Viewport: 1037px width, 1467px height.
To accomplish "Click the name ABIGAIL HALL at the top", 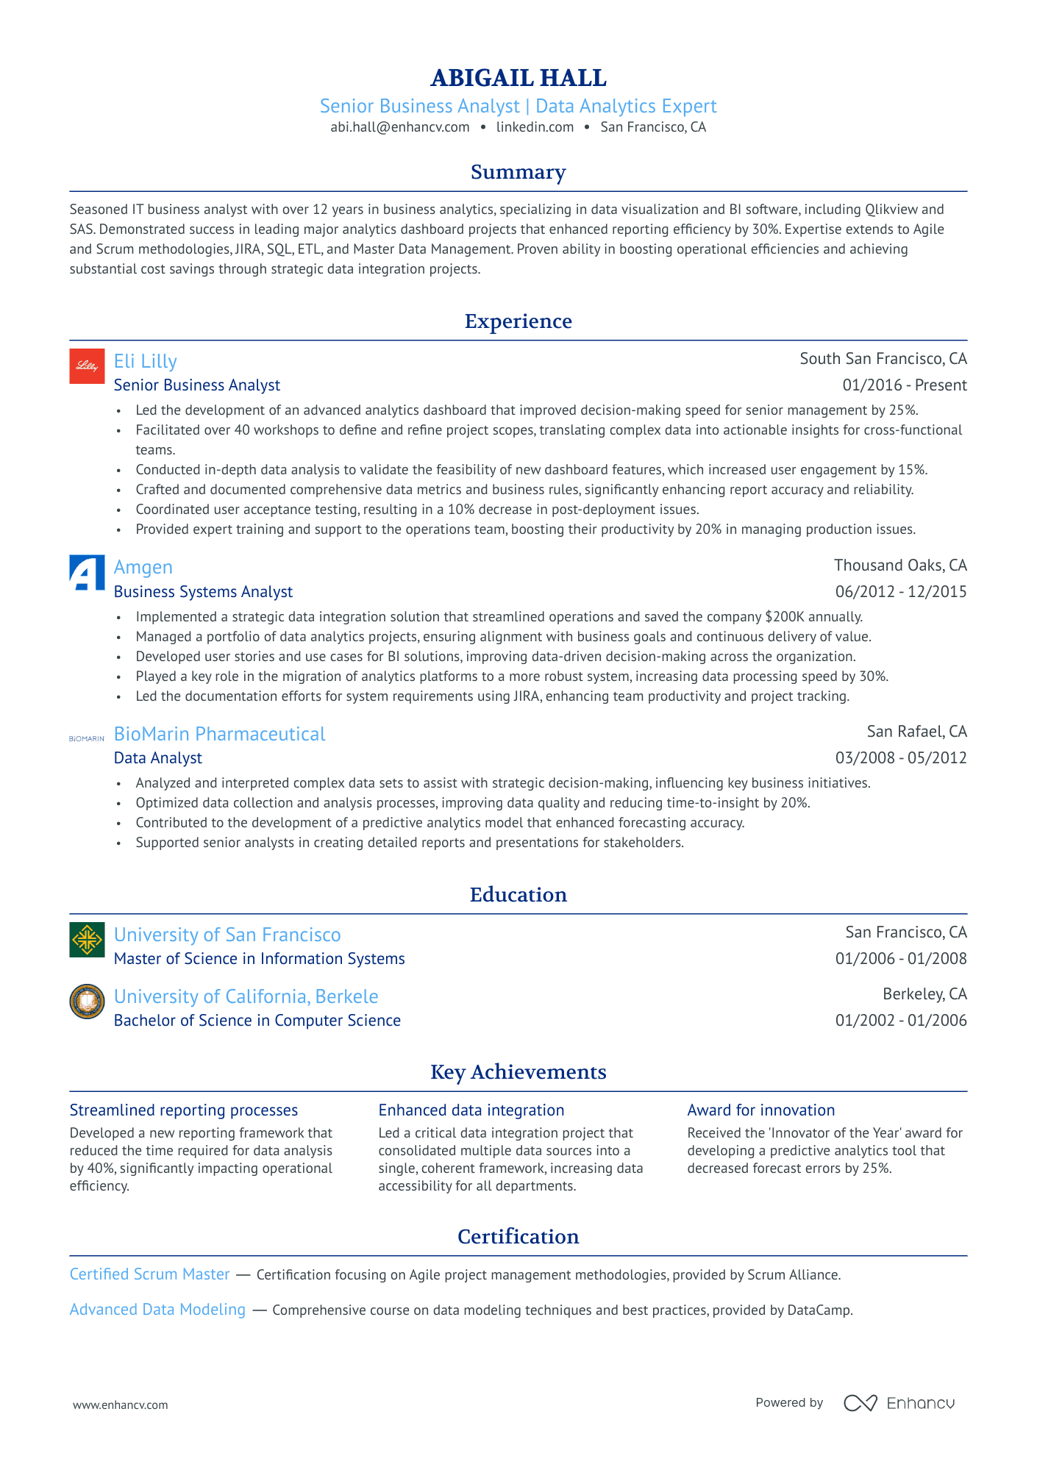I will pos(518,78).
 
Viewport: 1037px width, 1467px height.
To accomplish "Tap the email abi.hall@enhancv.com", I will pos(399,127).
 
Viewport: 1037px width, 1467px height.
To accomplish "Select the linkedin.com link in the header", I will pos(535,127).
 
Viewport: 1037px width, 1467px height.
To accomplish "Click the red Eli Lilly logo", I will pos(87,366).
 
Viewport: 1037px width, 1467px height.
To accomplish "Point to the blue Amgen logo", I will pos(87,573).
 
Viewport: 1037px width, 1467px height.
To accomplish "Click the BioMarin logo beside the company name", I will pos(87,738).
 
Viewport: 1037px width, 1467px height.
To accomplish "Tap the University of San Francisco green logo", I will pos(87,940).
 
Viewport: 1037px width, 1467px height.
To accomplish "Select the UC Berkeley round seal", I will pos(87,1002).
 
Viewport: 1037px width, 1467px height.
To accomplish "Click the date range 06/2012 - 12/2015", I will pos(900,592).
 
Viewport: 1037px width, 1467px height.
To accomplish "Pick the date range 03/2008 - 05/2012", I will pos(900,758).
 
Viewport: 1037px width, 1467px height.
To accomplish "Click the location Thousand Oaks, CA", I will pos(900,565).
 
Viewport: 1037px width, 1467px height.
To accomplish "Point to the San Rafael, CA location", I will pos(916,732).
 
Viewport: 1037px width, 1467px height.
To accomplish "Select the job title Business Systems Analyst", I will pos(203,592).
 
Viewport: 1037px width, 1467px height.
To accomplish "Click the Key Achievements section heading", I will pos(518,1072).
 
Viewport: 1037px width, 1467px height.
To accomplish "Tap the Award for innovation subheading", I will pos(760,1110).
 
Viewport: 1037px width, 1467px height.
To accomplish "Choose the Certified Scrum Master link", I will pos(149,1274).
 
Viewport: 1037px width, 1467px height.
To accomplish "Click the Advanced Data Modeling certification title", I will pos(157,1310).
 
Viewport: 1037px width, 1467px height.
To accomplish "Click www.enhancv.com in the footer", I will pos(121,1405).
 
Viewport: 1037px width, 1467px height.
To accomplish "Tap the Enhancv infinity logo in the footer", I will pos(860,1403).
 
